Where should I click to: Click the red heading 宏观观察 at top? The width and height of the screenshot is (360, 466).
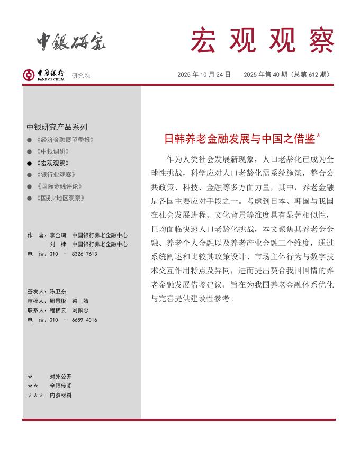pos(262,40)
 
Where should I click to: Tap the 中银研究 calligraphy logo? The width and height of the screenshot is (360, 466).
pos(71,41)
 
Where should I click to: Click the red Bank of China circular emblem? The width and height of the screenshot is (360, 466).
pos(29,75)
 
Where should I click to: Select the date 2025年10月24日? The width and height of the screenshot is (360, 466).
pos(204,75)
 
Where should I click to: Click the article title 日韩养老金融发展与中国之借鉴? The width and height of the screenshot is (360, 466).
pos(239,139)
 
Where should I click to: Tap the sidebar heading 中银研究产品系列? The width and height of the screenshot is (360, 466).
pos(57,127)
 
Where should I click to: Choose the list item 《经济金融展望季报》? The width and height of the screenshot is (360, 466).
pos(65,140)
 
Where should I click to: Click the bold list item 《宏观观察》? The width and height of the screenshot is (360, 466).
pos(53,163)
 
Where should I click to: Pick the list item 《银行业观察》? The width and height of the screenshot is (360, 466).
pos(56,175)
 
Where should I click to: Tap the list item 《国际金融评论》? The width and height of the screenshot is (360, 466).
pos(59,186)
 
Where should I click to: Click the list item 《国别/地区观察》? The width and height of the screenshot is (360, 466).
pos(60,198)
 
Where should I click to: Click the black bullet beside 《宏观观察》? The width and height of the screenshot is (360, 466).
pos(29,163)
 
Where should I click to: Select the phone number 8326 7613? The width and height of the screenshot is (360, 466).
pos(85,254)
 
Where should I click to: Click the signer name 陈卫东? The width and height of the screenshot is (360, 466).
pos(58,291)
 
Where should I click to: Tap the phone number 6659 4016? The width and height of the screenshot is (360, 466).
pos(85,320)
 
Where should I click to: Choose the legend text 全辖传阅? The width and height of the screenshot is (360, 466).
pos(60,386)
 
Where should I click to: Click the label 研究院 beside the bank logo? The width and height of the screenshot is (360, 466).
pos(81,76)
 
